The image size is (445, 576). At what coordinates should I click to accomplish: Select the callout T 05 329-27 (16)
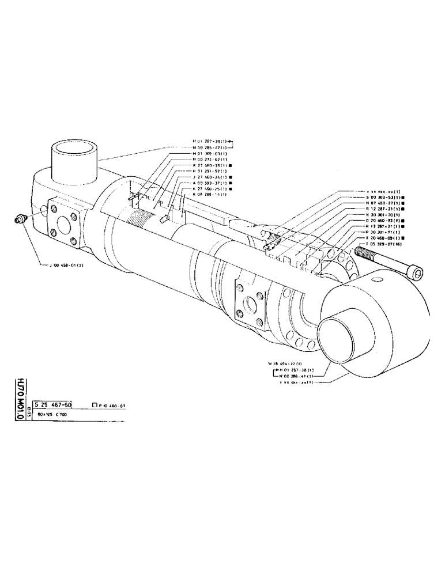pos(386,244)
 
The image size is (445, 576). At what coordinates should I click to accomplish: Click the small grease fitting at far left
pos(21,219)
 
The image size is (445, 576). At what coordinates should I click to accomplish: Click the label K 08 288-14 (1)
pos(209,194)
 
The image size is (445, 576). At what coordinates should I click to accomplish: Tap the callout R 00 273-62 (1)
pos(209,160)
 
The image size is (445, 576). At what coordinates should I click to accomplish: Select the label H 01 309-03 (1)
pos(209,153)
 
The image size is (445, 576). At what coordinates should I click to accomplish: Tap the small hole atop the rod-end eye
pos(378,280)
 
